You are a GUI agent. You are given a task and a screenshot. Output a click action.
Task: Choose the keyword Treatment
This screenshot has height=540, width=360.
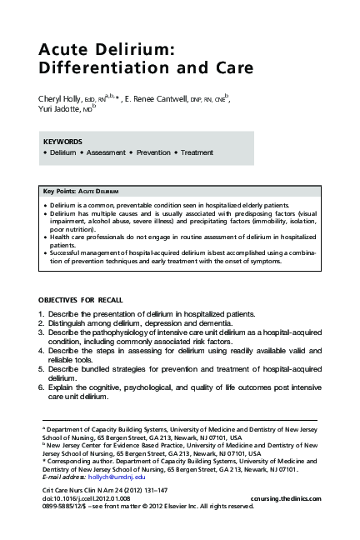pyautogui.click(x=197, y=152)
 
